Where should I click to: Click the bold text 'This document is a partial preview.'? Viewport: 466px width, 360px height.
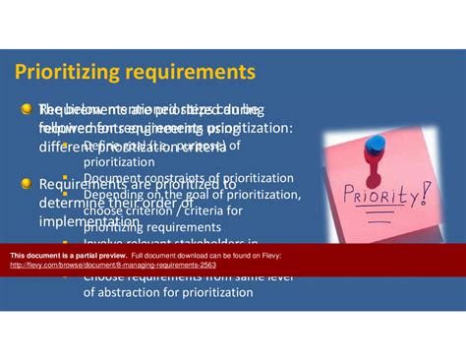click(x=66, y=256)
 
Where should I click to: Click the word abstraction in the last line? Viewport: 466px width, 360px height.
click(x=138, y=292)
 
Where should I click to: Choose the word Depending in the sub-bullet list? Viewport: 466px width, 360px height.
click(x=113, y=195)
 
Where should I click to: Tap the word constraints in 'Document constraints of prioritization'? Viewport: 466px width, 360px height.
click(x=165, y=178)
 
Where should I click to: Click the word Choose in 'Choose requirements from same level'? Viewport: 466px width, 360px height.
click(x=104, y=277)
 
